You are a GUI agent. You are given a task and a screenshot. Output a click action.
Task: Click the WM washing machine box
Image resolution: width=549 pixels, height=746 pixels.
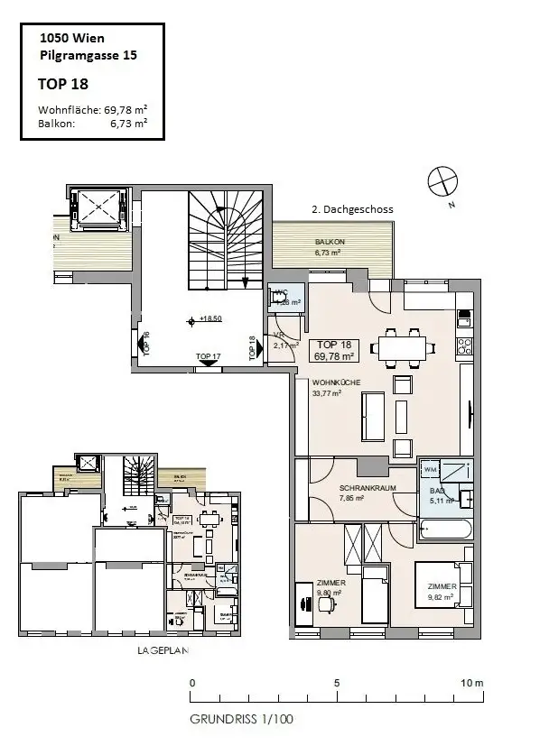[430, 471]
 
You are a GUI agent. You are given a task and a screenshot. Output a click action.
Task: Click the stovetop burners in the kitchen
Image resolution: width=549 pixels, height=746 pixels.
[465, 346]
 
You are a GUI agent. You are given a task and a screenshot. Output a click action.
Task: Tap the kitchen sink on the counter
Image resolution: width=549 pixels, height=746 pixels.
[466, 318]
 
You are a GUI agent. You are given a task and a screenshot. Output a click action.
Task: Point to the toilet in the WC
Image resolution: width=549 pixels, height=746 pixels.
[278, 303]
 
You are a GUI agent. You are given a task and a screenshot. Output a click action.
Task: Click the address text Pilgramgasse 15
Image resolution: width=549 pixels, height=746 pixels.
[88, 56]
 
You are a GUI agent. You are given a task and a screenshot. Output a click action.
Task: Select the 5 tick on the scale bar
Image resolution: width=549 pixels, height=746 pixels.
[336, 684]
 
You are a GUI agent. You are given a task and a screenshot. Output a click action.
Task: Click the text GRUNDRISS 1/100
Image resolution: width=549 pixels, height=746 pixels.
[241, 720]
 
